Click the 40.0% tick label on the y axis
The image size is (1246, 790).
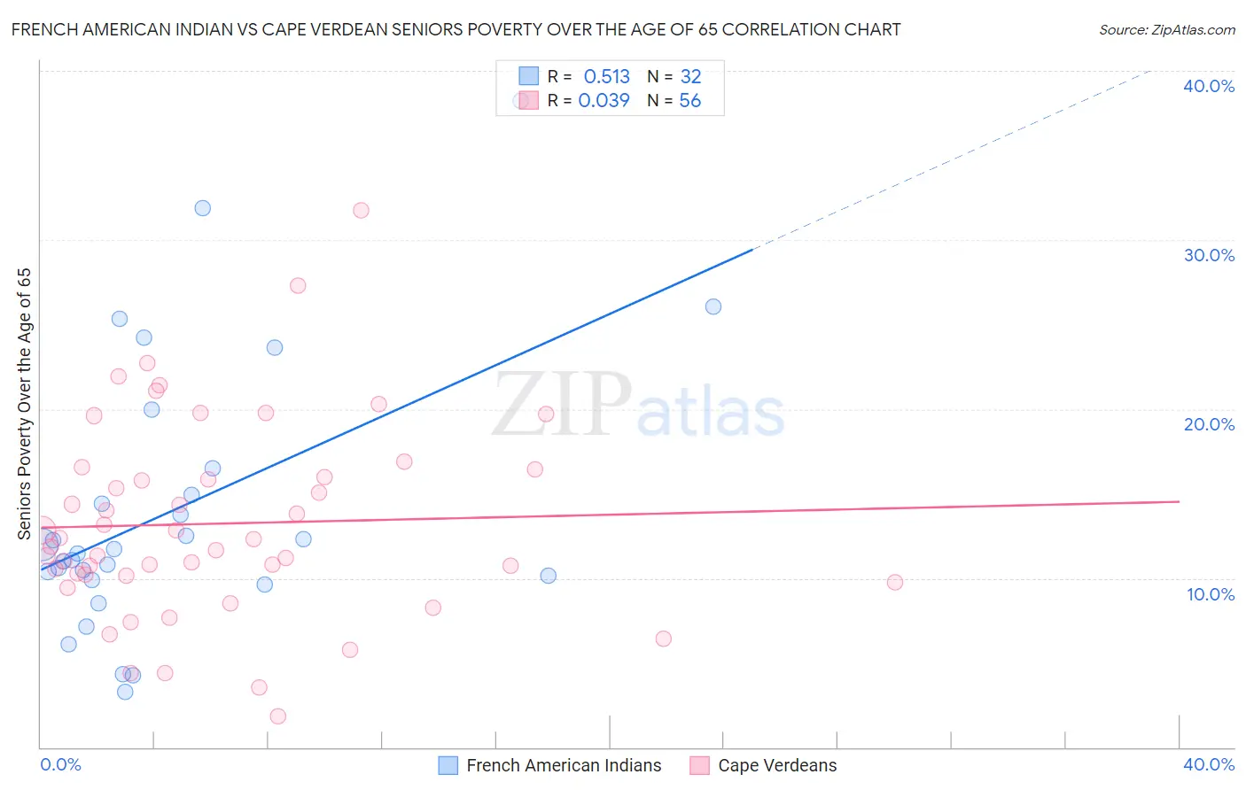(1209, 86)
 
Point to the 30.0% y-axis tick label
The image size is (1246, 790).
(1209, 255)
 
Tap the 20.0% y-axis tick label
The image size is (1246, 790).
(1209, 424)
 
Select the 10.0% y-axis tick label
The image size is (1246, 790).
(1211, 594)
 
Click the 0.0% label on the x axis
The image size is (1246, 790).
(60, 764)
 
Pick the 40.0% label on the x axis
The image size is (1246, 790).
(1209, 764)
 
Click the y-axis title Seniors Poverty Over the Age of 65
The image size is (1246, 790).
(25, 403)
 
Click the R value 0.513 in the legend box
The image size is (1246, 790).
(606, 77)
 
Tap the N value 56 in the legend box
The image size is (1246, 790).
(689, 101)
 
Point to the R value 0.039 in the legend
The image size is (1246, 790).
(604, 101)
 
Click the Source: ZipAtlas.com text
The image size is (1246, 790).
(1166, 30)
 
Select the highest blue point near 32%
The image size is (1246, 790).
(203, 208)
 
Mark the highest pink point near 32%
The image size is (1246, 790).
(361, 211)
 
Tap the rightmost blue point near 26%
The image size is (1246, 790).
(713, 306)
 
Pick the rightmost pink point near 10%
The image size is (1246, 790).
(895, 582)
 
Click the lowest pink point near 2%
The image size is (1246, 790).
(277, 716)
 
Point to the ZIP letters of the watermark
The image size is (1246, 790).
(561, 405)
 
